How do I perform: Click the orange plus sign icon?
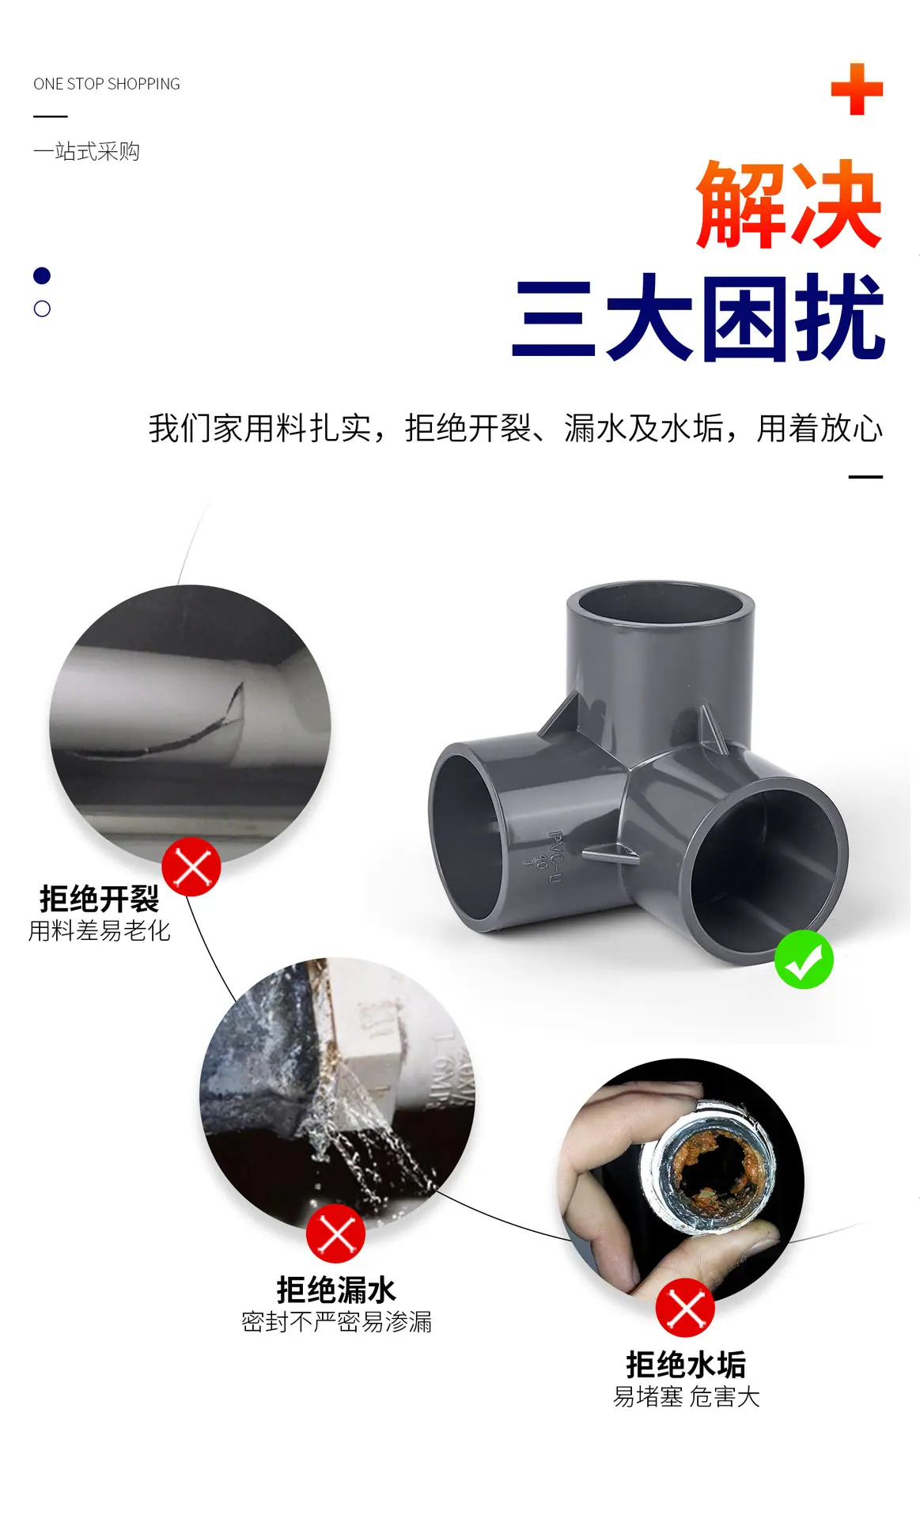click(857, 89)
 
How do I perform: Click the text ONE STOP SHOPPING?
click(107, 84)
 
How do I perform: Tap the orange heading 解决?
click(789, 204)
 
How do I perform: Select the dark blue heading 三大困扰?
click(699, 317)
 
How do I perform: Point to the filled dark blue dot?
click(42, 275)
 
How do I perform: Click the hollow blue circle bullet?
click(42, 309)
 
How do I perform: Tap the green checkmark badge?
click(804, 960)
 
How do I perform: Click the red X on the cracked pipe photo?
click(191, 867)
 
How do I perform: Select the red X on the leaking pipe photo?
click(335, 1233)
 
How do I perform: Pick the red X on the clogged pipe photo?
click(685, 1308)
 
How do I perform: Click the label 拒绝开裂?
click(100, 899)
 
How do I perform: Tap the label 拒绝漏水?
click(336, 1290)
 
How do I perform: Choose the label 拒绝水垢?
click(686, 1365)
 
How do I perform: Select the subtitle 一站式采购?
click(87, 151)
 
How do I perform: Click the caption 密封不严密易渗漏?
click(337, 1322)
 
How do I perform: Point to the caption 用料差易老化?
click(100, 931)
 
